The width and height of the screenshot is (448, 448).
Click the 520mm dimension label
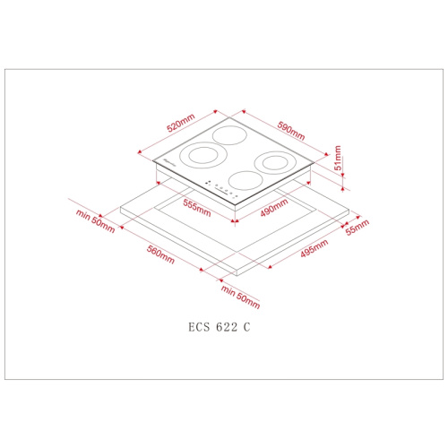(x=181, y=123)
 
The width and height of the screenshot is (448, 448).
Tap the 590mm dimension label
(x=291, y=131)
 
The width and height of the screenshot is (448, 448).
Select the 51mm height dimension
(x=338, y=158)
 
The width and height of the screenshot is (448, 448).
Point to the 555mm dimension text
(x=197, y=208)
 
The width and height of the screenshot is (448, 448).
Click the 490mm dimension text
(x=274, y=208)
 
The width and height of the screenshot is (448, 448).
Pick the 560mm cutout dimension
(x=160, y=254)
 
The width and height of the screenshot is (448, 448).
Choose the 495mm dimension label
(x=314, y=248)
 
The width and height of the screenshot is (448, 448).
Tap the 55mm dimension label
(x=358, y=228)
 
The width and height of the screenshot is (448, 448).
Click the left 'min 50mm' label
(x=95, y=221)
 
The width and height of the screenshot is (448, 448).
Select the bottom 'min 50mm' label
(x=240, y=297)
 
